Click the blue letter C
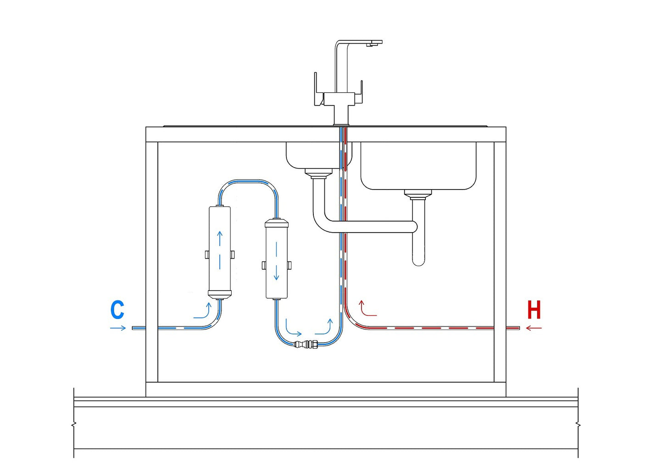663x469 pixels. coord(117,310)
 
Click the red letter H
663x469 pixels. coord(534,310)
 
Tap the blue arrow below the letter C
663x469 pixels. coord(118,328)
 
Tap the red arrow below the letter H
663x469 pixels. coord(534,328)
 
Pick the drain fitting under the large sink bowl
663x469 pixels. coord(418,194)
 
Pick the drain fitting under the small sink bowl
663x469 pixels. coord(318,173)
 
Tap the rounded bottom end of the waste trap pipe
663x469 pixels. coord(418,262)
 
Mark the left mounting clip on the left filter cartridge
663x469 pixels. coord(206,254)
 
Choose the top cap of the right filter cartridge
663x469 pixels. coord(277,224)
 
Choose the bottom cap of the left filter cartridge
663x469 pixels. coord(220,294)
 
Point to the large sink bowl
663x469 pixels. coord(418,165)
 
